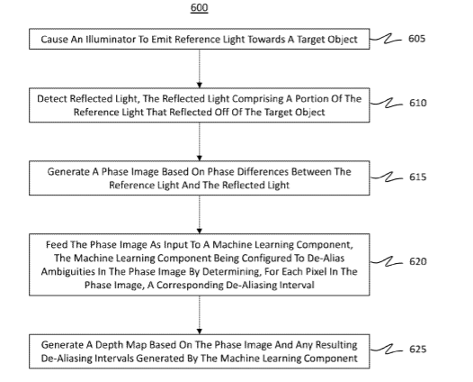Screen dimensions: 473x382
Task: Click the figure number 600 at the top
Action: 199,7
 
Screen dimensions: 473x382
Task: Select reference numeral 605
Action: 416,39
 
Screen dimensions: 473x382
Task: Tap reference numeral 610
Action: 418,103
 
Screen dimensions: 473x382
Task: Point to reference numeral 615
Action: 418,177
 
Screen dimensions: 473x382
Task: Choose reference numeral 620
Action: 418,261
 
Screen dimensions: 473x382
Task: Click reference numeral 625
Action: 418,349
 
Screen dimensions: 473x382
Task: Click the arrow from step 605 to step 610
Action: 199,68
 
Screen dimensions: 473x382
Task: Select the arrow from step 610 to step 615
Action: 199,141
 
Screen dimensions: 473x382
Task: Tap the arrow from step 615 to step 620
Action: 199,214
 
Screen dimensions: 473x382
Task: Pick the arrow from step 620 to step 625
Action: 199,315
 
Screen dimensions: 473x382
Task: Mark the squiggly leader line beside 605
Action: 386,39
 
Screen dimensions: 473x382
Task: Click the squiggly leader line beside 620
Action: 386,261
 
